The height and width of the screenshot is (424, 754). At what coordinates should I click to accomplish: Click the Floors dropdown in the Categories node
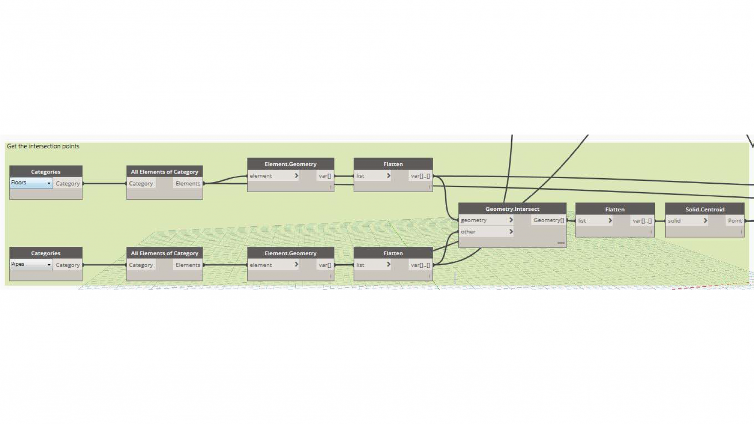click(31, 183)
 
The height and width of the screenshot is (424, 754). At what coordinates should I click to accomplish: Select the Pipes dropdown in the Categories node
click(31, 264)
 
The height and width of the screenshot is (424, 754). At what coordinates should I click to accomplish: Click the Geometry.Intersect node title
click(512, 209)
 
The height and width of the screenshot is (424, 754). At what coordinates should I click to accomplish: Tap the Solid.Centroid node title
click(704, 209)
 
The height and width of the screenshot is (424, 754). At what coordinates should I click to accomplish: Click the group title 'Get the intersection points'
click(43, 146)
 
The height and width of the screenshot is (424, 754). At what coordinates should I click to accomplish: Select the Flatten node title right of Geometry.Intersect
click(615, 209)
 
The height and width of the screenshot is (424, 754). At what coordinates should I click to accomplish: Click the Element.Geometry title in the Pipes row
click(290, 253)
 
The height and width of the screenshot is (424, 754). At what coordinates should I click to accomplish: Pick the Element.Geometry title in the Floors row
click(290, 164)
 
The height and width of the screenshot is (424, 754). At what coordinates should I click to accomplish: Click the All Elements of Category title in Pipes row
click(164, 253)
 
